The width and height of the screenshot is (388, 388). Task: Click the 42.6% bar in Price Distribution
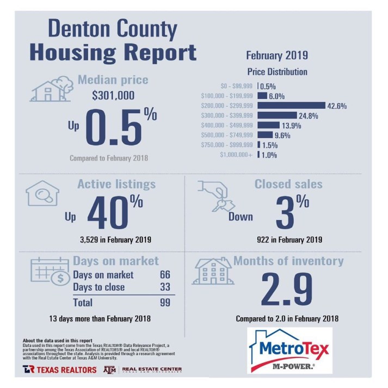click(x=291, y=106)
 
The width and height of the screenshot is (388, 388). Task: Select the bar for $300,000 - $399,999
click(x=274, y=115)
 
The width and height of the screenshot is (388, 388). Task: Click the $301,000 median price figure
click(x=113, y=97)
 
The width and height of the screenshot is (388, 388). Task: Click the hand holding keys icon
click(x=217, y=197)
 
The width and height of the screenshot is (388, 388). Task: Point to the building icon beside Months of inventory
click(x=214, y=271)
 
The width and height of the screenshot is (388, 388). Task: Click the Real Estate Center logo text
click(x=152, y=369)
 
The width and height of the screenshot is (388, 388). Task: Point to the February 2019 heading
click(x=277, y=55)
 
